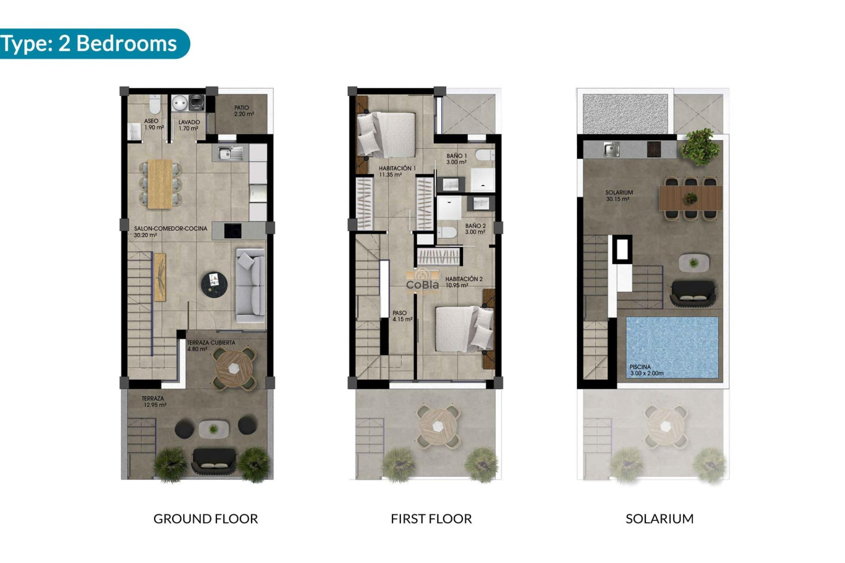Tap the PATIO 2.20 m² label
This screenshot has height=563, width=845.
pyautogui.click(x=243, y=111)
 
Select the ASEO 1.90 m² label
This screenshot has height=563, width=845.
pyautogui.click(x=153, y=124)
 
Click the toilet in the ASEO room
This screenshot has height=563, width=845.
pyautogui.click(x=155, y=105)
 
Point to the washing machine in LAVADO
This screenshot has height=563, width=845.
pyautogui.click(x=196, y=102)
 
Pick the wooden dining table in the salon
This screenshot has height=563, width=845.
pyautogui.click(x=160, y=184)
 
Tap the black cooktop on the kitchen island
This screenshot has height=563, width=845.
pyautogui.click(x=232, y=230)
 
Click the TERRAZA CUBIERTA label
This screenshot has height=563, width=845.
pyautogui.click(x=210, y=346)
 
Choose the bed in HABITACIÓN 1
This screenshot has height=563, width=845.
pyautogui.click(x=386, y=135)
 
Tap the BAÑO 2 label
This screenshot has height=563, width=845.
pyautogui.click(x=475, y=229)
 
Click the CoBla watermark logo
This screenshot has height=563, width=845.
pyautogui.click(x=422, y=281)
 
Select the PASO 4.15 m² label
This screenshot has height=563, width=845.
pyautogui.click(x=402, y=316)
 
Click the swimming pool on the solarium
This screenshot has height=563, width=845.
pyautogui.click(x=672, y=347)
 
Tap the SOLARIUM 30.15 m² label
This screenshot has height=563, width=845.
pyautogui.click(x=619, y=196)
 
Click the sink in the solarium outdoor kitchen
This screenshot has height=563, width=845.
pyautogui.click(x=611, y=150)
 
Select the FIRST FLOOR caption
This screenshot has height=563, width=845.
pyautogui.click(x=431, y=519)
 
